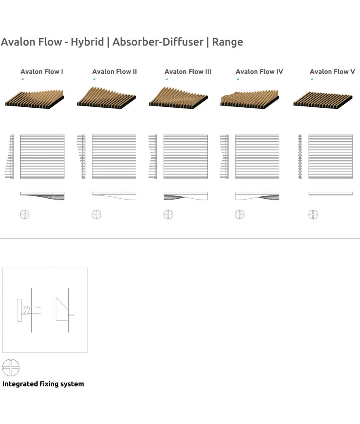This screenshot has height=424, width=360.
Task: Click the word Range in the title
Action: click(x=227, y=42)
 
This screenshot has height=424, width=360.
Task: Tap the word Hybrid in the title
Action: click(x=87, y=42)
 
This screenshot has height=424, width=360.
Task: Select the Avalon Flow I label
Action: click(x=42, y=72)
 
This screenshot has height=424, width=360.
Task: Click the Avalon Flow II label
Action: click(x=114, y=72)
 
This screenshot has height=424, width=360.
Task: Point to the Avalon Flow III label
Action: click(x=188, y=72)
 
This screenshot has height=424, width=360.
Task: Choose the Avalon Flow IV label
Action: click(x=259, y=72)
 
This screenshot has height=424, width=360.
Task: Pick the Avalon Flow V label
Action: click(x=332, y=72)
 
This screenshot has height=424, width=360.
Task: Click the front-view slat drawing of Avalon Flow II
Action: click(x=114, y=157)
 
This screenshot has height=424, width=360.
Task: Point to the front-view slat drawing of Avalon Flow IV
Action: click(x=257, y=157)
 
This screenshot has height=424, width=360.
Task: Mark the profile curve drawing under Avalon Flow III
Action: click(x=185, y=196)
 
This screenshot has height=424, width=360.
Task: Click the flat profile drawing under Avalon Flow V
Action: click(x=330, y=193)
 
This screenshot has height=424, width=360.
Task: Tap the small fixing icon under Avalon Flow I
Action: click(x=25, y=214)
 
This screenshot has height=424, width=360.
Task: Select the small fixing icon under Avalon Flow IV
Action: click(x=240, y=214)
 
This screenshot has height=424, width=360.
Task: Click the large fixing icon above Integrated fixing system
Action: click(x=11, y=367)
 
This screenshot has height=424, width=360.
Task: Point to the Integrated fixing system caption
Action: click(x=43, y=384)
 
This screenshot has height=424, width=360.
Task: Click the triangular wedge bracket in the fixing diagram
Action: click(x=61, y=309)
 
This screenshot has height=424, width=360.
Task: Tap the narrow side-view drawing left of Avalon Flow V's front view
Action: click(x=300, y=157)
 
